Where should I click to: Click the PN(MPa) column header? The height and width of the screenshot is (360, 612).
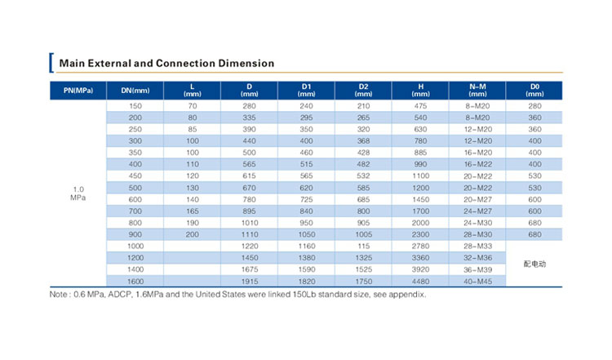pyautogui.click(x=78, y=91)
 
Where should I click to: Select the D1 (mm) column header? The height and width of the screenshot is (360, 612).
pyautogui.click(x=306, y=90)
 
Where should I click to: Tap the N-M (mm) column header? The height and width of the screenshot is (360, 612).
pyautogui.click(x=477, y=90)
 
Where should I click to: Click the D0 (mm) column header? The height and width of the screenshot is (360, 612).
pyautogui.click(x=534, y=90)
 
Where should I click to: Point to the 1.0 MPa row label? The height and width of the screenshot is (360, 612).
pyautogui.click(x=78, y=193)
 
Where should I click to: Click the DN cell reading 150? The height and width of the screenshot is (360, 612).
pyautogui.click(x=135, y=106)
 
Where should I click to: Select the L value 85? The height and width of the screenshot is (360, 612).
pyautogui.click(x=193, y=129)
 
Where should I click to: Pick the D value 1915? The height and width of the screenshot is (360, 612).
pyautogui.click(x=250, y=282)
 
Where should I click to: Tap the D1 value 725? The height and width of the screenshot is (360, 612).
pyautogui.click(x=306, y=199)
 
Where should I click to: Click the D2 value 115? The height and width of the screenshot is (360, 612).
pyautogui.click(x=363, y=247)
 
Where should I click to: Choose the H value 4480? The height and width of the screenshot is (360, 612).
pyautogui.click(x=420, y=282)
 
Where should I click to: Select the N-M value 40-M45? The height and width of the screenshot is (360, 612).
pyautogui.click(x=477, y=282)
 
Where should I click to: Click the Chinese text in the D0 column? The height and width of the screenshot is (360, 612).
pyautogui.click(x=534, y=264)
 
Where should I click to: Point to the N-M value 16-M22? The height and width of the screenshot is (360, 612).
pyautogui.click(x=477, y=164)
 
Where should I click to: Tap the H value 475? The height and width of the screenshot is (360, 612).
pyautogui.click(x=420, y=106)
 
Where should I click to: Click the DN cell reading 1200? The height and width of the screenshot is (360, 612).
pyautogui.click(x=135, y=258)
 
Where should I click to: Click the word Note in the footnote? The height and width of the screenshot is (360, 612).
pyautogui.click(x=58, y=295)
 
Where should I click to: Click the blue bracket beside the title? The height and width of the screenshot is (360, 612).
pyautogui.click(x=51, y=63)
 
